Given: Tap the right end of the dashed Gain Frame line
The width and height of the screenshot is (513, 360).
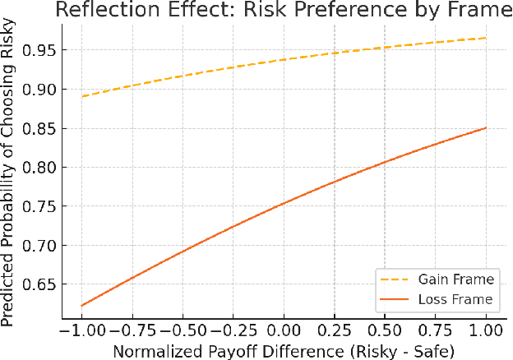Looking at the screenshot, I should coord(487,38).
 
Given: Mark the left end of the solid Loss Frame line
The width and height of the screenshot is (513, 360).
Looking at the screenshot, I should coord(81,306).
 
